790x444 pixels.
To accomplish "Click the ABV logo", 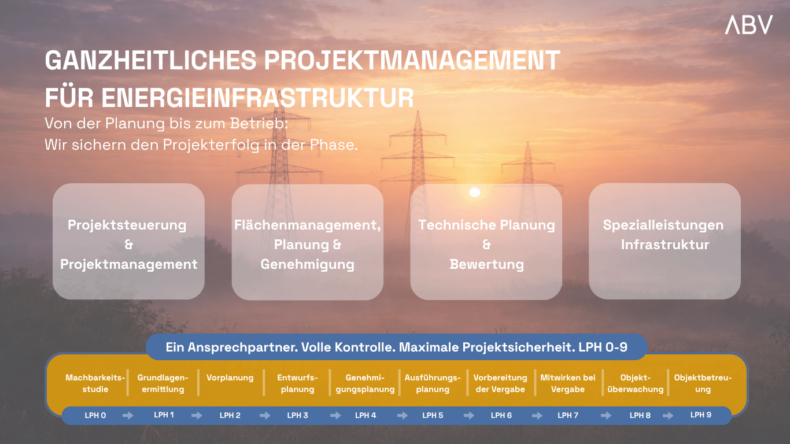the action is pos(748,25).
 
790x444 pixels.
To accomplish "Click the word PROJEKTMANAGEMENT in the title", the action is pos(412,60).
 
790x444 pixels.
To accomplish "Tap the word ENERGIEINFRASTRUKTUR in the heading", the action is pos(258,98).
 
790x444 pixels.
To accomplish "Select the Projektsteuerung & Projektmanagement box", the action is pos(128,241).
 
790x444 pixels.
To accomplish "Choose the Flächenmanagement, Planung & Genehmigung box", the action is pos(308,242).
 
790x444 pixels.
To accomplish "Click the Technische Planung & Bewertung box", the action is pos(486,242).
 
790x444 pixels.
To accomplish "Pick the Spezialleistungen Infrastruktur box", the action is pos(665,241).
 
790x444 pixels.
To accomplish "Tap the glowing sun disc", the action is pos(475,192).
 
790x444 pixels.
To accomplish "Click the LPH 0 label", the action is pos(95,416).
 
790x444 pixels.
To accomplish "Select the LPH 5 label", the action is pos(433,416).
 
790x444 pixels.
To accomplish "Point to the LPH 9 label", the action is pos(701,415).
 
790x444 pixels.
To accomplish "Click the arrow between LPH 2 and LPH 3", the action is pos(265,416).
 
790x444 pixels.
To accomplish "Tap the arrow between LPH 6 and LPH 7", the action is pos(537,416).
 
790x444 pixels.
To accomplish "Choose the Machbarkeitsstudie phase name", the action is pos(95,383).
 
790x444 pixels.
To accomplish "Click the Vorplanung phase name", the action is pos(230,378).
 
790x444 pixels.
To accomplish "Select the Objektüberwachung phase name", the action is pos(636,383).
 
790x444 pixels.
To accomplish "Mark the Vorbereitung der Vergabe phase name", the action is pos(500,383).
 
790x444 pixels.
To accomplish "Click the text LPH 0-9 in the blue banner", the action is pos(603,347).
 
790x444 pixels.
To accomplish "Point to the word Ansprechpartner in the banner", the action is pos(243,347).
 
